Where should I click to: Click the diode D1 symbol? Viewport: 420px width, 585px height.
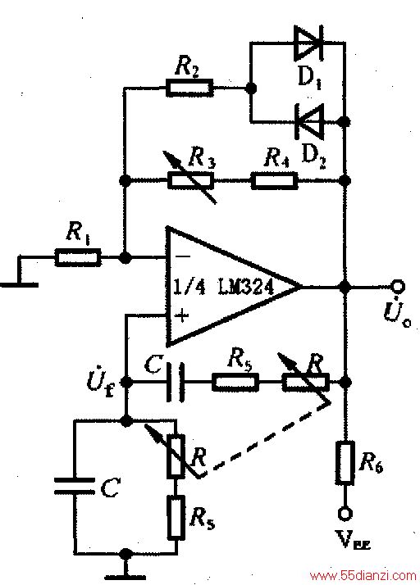pos(308,43)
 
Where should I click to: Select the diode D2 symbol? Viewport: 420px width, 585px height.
pos(309,121)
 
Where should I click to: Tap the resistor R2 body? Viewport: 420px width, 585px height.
pos(189,88)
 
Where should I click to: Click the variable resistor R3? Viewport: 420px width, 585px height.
pos(190,180)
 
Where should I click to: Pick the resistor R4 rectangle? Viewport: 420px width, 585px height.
pos(275,180)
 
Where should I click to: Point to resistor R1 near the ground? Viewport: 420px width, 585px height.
pos(78,257)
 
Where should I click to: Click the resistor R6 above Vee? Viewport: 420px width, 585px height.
pos(345,463)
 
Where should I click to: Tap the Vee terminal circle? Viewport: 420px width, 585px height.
pos(345,514)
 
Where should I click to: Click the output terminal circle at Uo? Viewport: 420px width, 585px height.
pos(398,287)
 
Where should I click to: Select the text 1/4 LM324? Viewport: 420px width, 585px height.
pos(223,288)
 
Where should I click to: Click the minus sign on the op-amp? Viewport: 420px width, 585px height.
pos(182,256)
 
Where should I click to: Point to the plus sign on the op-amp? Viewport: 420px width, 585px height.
pos(182,316)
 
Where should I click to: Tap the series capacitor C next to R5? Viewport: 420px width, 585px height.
pos(176,383)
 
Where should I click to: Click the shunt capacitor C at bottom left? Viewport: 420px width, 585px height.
pos(75,485)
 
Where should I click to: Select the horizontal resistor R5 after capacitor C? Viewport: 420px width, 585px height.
pos(235,383)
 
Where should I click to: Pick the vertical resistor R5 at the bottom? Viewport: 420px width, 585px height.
pos(176,517)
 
